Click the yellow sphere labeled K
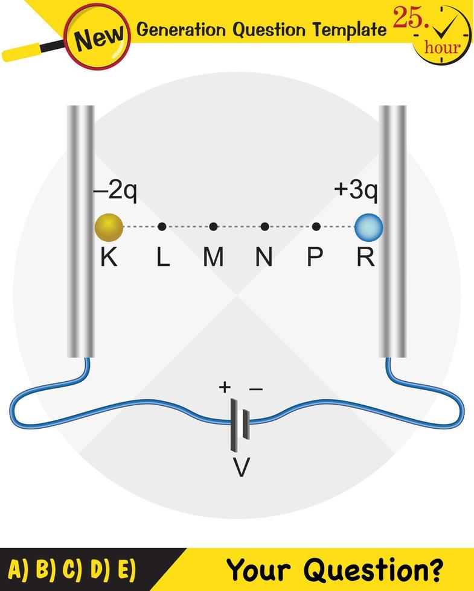click(109, 227)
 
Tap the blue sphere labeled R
click(368, 227)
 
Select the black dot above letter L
click(162, 227)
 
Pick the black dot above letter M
click(213, 227)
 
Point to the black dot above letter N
click(264, 227)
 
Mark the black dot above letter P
click(316, 227)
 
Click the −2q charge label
click(115, 191)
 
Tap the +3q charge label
click(356, 191)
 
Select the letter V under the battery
click(241, 467)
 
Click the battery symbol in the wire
click(239, 426)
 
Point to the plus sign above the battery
click(225, 387)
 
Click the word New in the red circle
click(100, 39)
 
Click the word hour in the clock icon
click(442, 47)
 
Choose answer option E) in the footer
click(124, 569)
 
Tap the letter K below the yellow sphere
click(109, 258)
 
